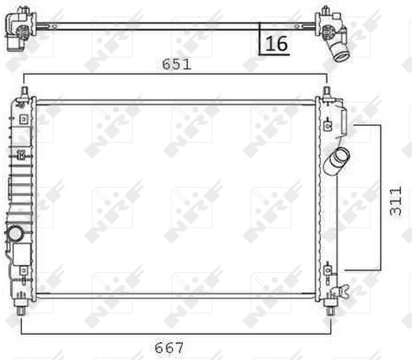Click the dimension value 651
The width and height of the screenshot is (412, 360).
pos(177,64)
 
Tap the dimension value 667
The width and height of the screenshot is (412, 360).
pos(169,347)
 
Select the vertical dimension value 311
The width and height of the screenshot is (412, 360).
pos(396,201)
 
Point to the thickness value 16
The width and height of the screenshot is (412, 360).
pos(275,44)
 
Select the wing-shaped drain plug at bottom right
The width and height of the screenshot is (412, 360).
pos(345,292)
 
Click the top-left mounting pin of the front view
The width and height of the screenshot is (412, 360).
pos(24,92)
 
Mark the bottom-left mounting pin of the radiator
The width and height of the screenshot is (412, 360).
pos(22,311)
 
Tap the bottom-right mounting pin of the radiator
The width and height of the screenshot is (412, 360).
pos(330,311)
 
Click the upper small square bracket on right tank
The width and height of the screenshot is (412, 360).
pos(327,125)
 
